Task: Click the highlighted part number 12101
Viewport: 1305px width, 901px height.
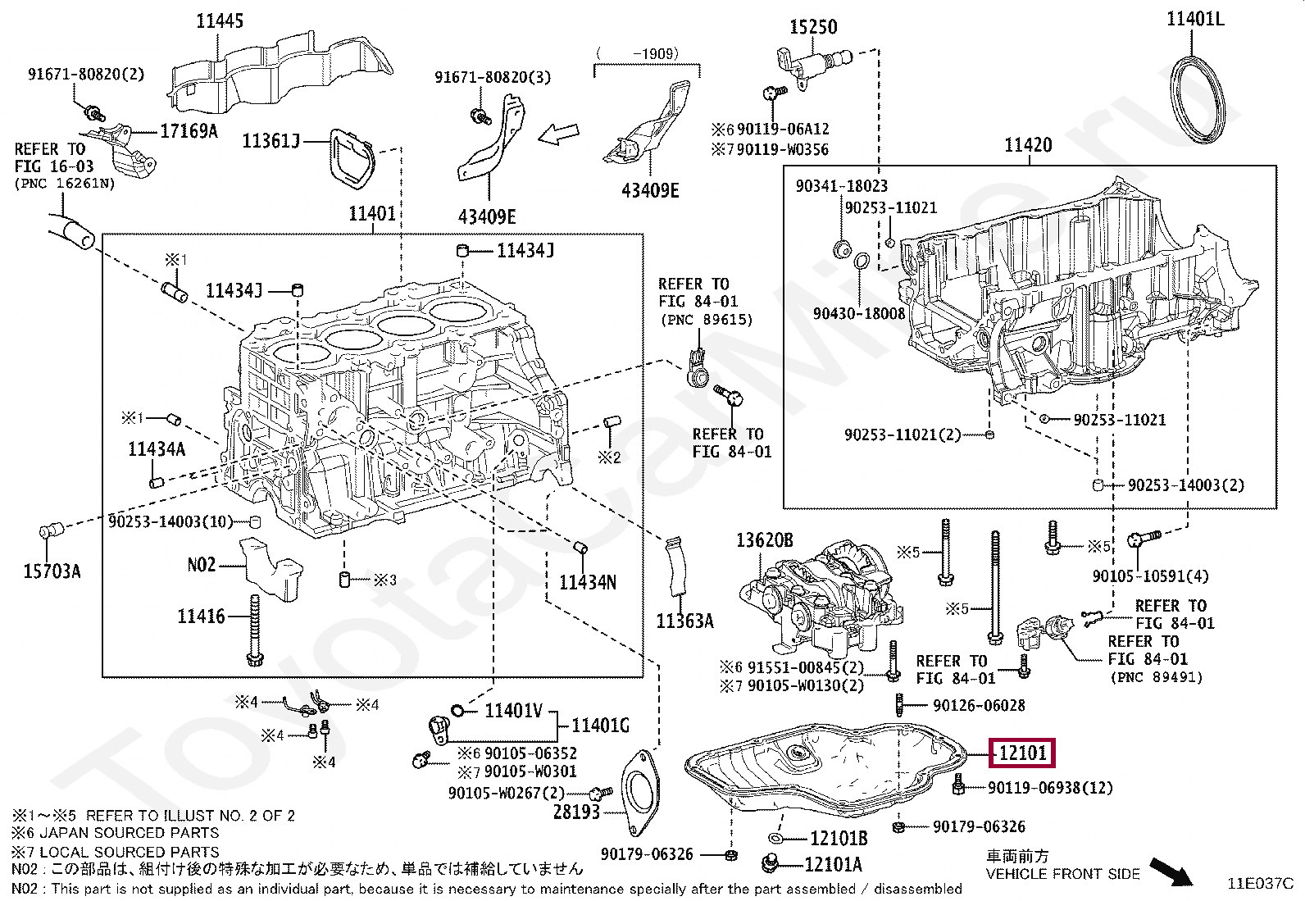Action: click(1022, 753)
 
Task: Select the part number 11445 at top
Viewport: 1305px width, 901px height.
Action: click(220, 21)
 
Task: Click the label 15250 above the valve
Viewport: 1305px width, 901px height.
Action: click(813, 27)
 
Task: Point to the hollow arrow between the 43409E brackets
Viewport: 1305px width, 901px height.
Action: click(558, 135)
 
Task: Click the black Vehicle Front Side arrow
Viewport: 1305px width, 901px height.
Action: click(1171, 871)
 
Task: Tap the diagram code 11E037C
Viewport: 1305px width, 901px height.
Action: click(1261, 884)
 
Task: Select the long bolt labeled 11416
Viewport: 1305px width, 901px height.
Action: click(255, 630)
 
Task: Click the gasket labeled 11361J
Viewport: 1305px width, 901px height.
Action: click(351, 159)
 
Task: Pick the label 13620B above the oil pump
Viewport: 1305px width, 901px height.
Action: click(765, 540)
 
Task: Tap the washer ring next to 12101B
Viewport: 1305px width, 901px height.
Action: click(776, 839)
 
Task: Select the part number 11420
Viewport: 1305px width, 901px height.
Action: click(1028, 145)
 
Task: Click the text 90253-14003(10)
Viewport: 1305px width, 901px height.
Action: click(171, 521)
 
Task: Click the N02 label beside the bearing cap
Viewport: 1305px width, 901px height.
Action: click(202, 565)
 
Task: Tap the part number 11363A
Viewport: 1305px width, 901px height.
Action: click(685, 621)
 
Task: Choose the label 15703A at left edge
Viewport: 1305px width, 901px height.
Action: click(52, 571)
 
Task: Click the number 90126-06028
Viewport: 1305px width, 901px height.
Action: click(979, 706)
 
